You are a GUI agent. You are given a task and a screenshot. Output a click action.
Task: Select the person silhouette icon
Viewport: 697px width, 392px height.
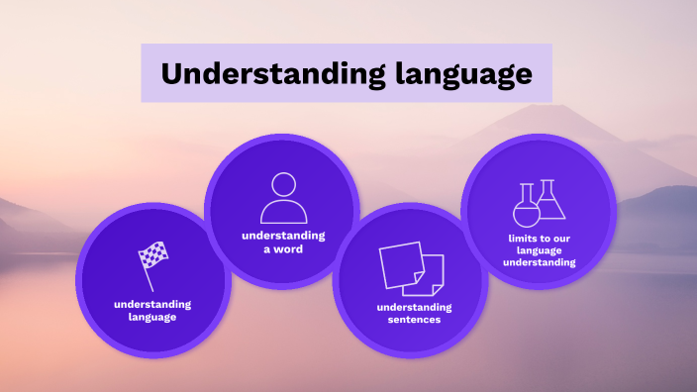pyautogui.click(x=283, y=198)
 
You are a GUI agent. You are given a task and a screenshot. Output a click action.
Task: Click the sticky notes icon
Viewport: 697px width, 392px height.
pyautogui.click(x=410, y=267)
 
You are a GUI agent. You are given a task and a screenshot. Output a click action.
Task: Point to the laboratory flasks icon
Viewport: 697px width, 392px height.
pyautogui.click(x=539, y=202)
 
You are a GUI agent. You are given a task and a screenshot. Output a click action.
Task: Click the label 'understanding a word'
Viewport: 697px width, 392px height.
pyautogui.click(x=283, y=243)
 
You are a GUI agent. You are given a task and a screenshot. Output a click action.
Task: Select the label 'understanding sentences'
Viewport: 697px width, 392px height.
pyautogui.click(x=409, y=313)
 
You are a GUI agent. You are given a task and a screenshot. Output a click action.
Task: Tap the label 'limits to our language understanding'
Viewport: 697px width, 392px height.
pyautogui.click(x=539, y=250)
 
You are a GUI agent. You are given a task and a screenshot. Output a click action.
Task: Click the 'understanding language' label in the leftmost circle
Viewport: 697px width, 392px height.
pyautogui.click(x=151, y=310)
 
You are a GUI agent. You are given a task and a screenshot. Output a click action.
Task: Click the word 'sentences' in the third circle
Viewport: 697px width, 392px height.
pyautogui.click(x=409, y=320)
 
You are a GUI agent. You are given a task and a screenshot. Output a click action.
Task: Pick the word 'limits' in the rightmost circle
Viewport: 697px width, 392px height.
pyautogui.click(x=518, y=238)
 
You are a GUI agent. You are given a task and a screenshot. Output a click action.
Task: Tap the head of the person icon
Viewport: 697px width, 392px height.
pyautogui.click(x=283, y=184)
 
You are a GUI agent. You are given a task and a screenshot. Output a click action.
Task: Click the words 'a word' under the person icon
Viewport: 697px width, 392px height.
pyautogui.click(x=283, y=249)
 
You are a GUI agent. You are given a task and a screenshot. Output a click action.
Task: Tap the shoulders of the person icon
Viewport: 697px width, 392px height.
pyautogui.click(x=283, y=212)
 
